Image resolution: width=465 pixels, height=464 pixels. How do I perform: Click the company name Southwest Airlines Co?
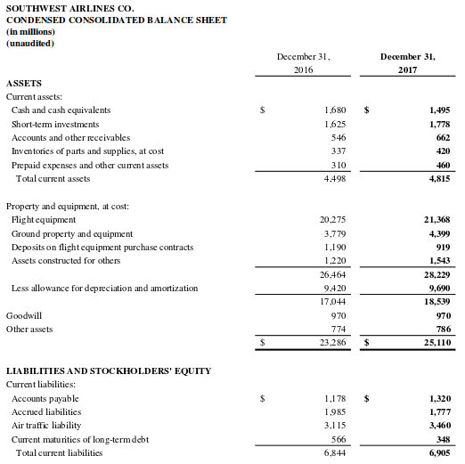pyautogui.click(x=69, y=8)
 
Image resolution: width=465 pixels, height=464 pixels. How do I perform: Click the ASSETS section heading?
pyautogui.click(x=23, y=83)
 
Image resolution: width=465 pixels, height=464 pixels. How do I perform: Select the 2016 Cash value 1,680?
pyautogui.click(x=334, y=110)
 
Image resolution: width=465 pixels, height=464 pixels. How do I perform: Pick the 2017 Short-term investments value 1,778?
pyautogui.click(x=439, y=124)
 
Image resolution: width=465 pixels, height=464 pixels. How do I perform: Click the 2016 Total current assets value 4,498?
pyautogui.click(x=334, y=178)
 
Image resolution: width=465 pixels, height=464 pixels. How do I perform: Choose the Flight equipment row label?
pyautogui.click(x=44, y=219)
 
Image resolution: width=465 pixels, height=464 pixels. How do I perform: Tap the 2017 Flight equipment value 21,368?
pyautogui.click(x=436, y=219)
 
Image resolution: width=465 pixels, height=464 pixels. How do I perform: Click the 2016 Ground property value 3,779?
pyautogui.click(x=334, y=233)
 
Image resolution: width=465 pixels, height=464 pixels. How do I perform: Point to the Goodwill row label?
pyautogui.click(x=24, y=315)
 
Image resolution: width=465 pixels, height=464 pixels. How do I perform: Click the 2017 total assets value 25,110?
pyautogui.click(x=436, y=342)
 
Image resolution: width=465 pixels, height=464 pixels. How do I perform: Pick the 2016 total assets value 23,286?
pyautogui.click(x=331, y=342)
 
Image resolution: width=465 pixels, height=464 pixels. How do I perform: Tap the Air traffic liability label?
pyautogui.click(x=46, y=426)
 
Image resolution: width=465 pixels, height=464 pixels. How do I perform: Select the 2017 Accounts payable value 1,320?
pyautogui.click(x=439, y=398)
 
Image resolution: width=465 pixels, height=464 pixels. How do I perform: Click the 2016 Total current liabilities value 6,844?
pyautogui.click(x=334, y=452)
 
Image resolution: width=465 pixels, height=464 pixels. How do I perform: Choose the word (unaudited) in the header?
pyautogui.click(x=30, y=42)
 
